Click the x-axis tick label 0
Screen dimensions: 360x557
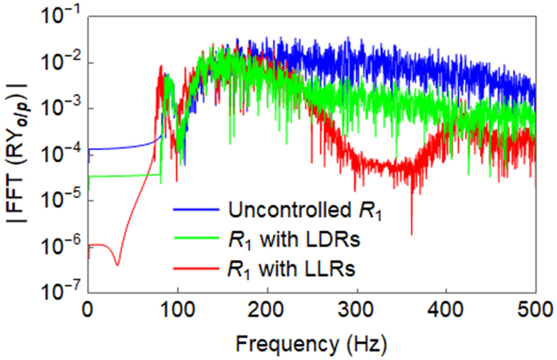click(88, 308)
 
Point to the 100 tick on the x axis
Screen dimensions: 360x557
click(177, 308)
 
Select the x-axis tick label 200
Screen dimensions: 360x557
click(267, 308)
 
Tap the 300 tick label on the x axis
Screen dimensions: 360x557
click(357, 308)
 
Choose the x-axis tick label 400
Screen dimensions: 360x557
click(446, 308)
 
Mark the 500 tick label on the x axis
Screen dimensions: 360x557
click(535, 308)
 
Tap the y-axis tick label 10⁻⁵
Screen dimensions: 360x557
click(61, 201)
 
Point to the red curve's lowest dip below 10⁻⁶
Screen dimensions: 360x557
click(117, 265)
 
